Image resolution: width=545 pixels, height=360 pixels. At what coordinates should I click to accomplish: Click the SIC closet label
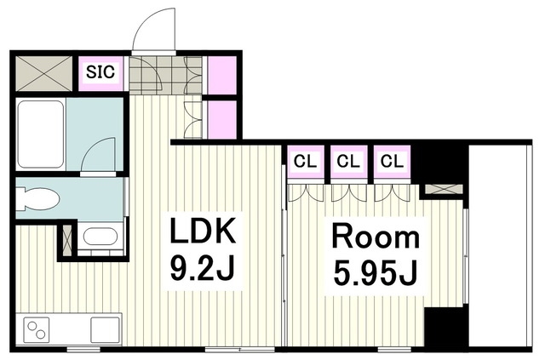(100, 72)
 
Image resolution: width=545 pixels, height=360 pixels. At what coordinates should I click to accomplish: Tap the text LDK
(203, 230)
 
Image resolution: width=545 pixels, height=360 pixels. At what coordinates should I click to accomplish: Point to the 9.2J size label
(202, 267)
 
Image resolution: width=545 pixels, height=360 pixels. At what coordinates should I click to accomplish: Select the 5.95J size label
(376, 272)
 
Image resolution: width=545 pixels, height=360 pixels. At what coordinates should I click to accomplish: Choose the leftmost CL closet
(306, 162)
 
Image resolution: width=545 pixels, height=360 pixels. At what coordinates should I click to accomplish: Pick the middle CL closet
(348, 162)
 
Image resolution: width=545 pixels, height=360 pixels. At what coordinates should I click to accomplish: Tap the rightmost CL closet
(392, 162)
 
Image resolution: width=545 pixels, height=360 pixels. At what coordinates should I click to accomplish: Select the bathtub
(40, 134)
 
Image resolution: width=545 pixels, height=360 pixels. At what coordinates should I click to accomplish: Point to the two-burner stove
(37, 329)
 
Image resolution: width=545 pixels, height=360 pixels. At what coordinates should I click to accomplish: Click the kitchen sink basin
(105, 329)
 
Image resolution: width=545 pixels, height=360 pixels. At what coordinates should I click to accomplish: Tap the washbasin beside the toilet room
(100, 237)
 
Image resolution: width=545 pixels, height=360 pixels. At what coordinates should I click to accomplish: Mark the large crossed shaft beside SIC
(43, 73)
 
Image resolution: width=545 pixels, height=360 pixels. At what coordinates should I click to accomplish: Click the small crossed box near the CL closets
(444, 189)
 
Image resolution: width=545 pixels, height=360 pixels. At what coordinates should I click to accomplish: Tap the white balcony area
(498, 246)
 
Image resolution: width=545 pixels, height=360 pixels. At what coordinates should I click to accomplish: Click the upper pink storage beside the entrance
(222, 75)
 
